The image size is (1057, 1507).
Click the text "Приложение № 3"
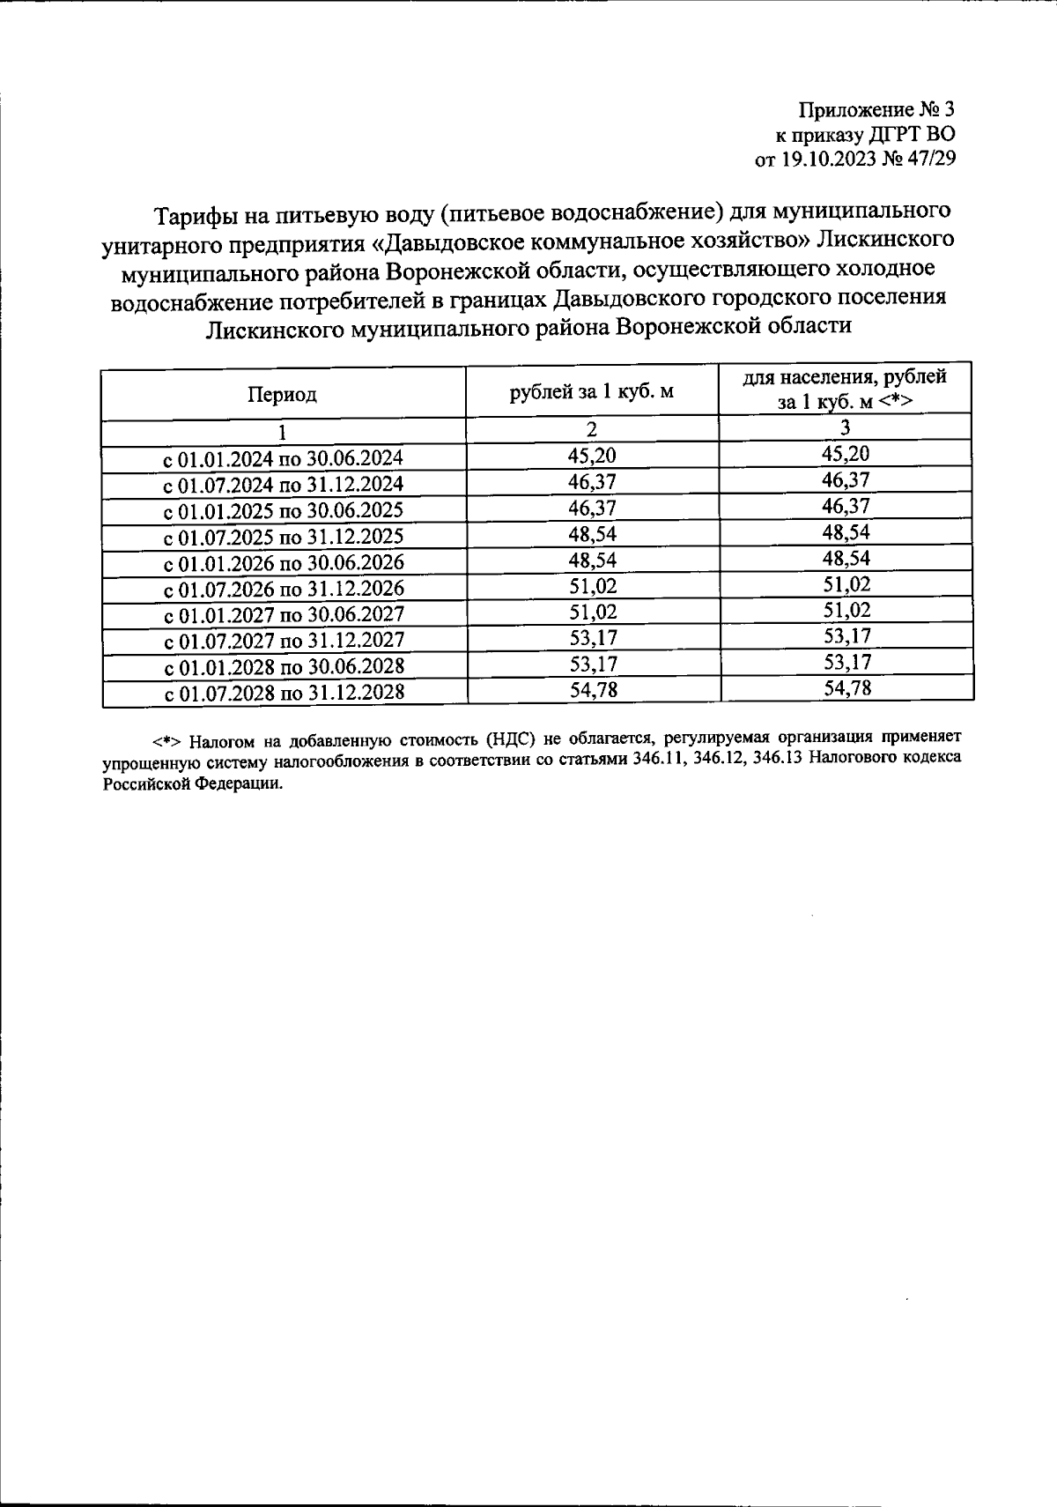point(876,110)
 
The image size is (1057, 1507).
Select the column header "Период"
point(282,394)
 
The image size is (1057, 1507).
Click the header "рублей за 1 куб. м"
point(592,391)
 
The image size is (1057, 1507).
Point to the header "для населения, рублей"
point(845,377)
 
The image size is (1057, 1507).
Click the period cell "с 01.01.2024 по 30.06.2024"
point(284,458)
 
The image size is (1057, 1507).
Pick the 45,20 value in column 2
point(592,455)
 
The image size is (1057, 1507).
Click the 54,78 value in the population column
point(846,687)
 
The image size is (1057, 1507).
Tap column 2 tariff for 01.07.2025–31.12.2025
point(592,533)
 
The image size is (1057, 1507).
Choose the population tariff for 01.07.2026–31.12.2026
point(846,584)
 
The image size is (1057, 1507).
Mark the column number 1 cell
point(282,432)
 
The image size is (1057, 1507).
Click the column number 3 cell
point(845,428)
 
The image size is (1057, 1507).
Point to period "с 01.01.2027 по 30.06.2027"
point(284,614)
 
